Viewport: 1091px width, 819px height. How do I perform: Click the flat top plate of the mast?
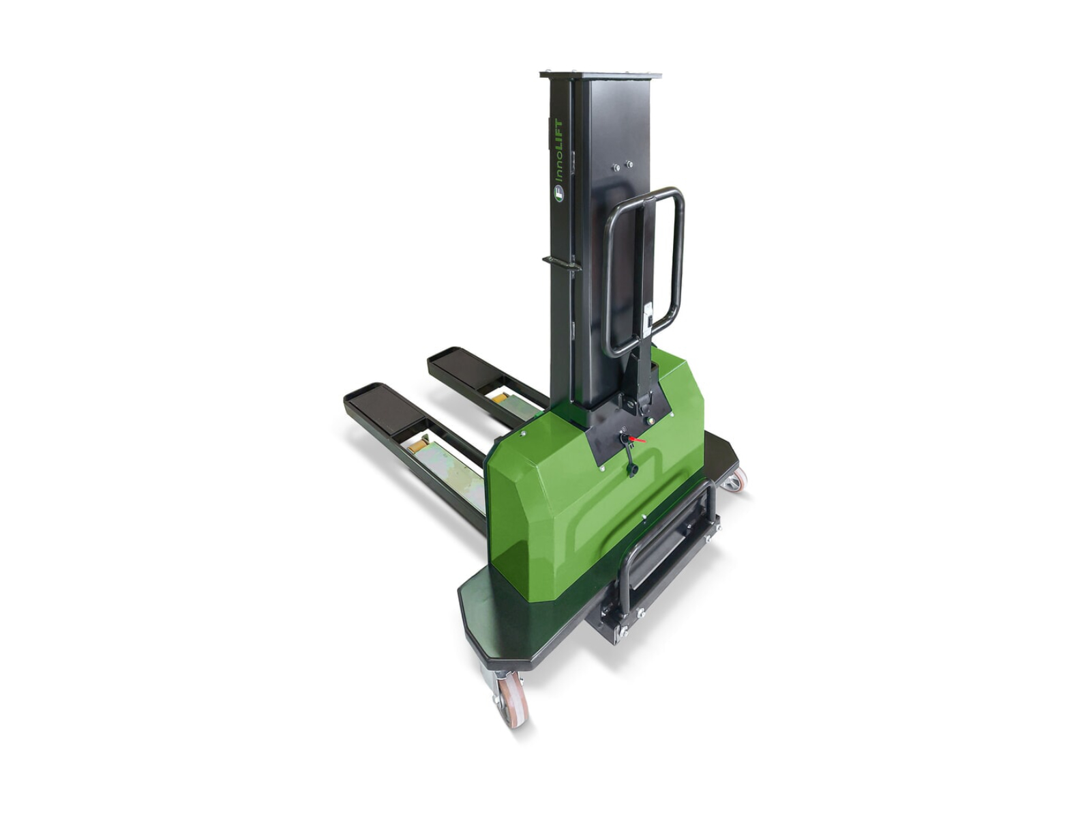(601, 74)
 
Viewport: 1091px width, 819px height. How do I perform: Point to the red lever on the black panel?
(637, 440)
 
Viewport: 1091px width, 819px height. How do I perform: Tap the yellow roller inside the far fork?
(500, 397)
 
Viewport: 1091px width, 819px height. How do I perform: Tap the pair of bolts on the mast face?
(623, 165)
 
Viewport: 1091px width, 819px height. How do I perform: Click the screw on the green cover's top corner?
(523, 433)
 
